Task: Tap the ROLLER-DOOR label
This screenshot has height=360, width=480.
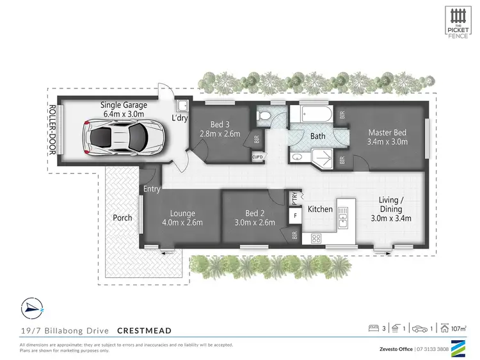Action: pos(53,135)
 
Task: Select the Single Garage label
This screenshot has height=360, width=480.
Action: pos(124,110)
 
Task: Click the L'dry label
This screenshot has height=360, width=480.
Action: pos(179,118)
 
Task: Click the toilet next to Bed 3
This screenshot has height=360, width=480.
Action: pos(264,116)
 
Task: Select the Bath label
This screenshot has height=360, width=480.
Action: pos(317,136)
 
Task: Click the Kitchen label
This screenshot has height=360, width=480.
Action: pos(320,209)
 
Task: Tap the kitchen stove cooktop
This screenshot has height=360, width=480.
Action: pos(316,238)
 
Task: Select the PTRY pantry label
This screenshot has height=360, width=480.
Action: pos(294,198)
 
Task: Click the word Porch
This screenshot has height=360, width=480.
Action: pos(122,218)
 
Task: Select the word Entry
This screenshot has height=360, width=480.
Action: pos(152,190)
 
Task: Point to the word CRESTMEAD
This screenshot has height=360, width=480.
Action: pos(144,330)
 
